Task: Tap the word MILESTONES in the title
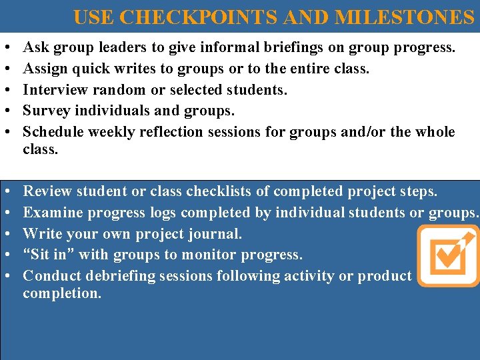click(404, 17)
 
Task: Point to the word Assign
click(45, 69)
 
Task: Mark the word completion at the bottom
click(62, 293)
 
